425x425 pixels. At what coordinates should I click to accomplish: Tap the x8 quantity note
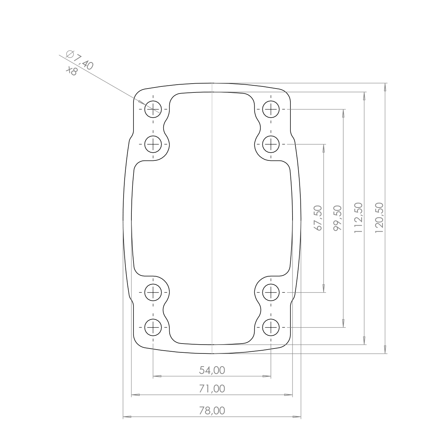(x=71, y=70)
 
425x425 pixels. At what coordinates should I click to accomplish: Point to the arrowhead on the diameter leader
(x=141, y=102)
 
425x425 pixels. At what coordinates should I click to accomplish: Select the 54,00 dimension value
(x=212, y=370)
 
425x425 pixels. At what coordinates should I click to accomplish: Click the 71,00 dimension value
(x=212, y=389)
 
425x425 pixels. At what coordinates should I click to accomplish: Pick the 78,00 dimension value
(x=212, y=411)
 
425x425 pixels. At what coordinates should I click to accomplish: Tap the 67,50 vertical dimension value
(x=318, y=218)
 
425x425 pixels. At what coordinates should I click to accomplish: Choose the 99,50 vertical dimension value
(x=338, y=218)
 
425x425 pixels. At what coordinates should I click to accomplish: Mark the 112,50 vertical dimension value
(x=358, y=217)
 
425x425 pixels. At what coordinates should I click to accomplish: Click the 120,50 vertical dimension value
(x=379, y=217)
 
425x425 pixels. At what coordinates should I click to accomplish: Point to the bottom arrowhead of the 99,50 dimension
(x=344, y=323)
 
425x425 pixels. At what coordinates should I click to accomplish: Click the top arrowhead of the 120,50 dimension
(x=385, y=87)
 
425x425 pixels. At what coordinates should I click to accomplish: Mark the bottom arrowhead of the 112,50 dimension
(x=364, y=340)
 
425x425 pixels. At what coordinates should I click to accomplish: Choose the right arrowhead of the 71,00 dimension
(x=289, y=395)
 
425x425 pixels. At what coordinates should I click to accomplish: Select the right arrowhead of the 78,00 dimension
(x=297, y=416)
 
